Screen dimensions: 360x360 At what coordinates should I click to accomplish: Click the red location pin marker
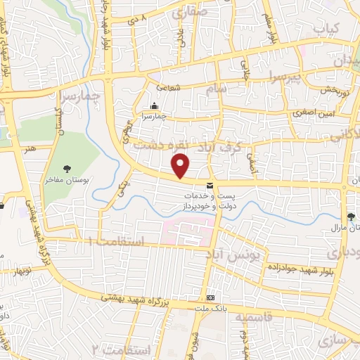pyautogui.click(x=181, y=166)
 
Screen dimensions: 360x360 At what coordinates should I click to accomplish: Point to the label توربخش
pyautogui.click(x=335, y=90)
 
